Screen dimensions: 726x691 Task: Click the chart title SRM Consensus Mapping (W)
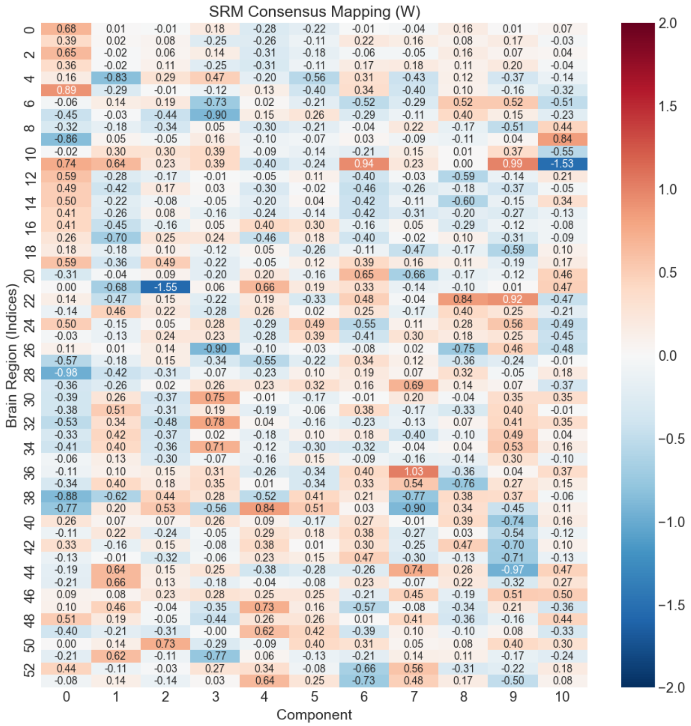pos(314,11)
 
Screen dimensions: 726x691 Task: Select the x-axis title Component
pos(314,715)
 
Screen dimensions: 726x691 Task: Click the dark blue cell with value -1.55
pos(165,287)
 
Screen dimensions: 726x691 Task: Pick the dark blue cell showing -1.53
pos(562,164)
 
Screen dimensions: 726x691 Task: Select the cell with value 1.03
pos(413,471)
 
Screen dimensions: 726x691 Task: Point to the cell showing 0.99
pos(513,164)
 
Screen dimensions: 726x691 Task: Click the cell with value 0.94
pos(364,164)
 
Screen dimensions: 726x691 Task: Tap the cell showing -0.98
pos(66,373)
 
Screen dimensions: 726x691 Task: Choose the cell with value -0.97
pos(513,569)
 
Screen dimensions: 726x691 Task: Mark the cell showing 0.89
pos(66,90)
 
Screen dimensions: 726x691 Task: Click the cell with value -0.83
pos(116,78)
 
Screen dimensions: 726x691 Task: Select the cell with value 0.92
pos(513,299)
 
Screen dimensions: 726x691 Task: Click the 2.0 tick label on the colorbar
pos(668,23)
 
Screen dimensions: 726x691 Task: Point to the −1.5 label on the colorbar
pos(671,605)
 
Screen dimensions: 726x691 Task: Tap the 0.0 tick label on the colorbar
pos(668,355)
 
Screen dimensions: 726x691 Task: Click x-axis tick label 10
pos(562,697)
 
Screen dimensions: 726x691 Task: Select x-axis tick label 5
pos(314,697)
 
